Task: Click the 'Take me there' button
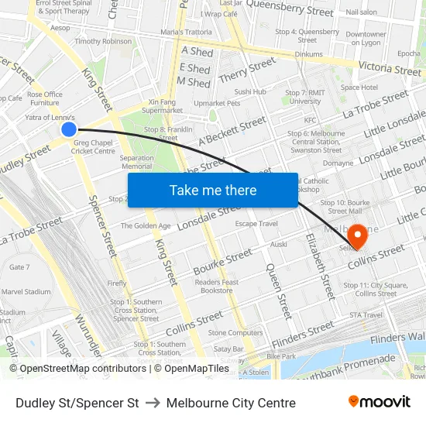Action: [x=213, y=191]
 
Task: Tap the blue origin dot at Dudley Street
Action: [x=69, y=129]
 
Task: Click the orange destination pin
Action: [x=358, y=235]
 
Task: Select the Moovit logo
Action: [x=380, y=402]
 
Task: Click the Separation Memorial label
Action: [x=137, y=162]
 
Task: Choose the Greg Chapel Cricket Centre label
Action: [x=94, y=146]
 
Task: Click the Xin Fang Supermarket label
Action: [x=163, y=106]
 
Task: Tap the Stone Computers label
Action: [x=235, y=333]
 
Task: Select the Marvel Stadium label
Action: [x=26, y=292]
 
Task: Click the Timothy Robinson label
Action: [x=103, y=42]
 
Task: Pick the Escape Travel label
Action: [x=256, y=224]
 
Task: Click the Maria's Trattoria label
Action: [x=186, y=32]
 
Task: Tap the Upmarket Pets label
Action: [x=217, y=103]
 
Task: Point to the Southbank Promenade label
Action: [x=356, y=364]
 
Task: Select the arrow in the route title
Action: [x=153, y=403]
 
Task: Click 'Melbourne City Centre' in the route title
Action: [x=231, y=403]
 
